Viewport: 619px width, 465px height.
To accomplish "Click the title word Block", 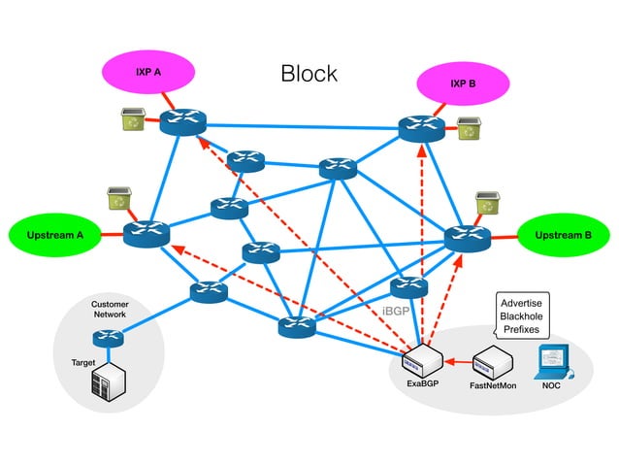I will pyautogui.click(x=309, y=74).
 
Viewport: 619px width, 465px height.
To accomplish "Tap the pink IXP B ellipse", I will pyautogui.click(x=463, y=83).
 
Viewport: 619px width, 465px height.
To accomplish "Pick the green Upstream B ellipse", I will pyautogui.click(x=564, y=235).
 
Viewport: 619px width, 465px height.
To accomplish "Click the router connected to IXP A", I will pyautogui.click(x=183, y=122).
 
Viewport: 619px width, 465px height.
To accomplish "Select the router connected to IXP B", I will pyautogui.click(x=421, y=129).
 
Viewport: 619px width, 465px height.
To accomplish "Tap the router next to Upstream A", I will pyautogui.click(x=147, y=234).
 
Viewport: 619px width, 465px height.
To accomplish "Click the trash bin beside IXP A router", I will pyautogui.click(x=131, y=119).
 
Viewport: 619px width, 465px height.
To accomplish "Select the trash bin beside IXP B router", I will pyautogui.click(x=471, y=127).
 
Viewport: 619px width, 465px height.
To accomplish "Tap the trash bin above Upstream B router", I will pyautogui.click(x=486, y=203).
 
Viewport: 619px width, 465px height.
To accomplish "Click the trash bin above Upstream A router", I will pyautogui.click(x=117, y=200).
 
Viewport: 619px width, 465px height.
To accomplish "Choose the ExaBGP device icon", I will pyautogui.click(x=423, y=361).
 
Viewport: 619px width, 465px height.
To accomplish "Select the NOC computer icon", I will pyautogui.click(x=553, y=361).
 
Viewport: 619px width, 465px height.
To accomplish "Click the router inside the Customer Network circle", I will pyautogui.click(x=109, y=339).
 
